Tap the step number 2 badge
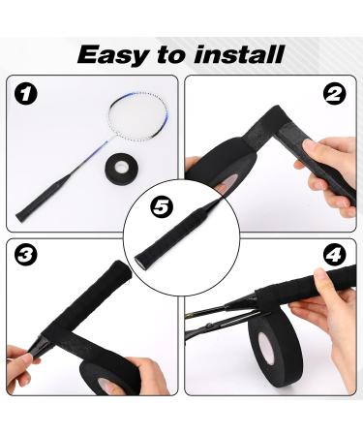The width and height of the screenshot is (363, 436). (336, 94)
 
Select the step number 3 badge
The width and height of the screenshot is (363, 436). (27, 256)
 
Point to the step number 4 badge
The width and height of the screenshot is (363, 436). (336, 257)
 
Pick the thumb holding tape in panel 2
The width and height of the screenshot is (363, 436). (197, 163)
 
